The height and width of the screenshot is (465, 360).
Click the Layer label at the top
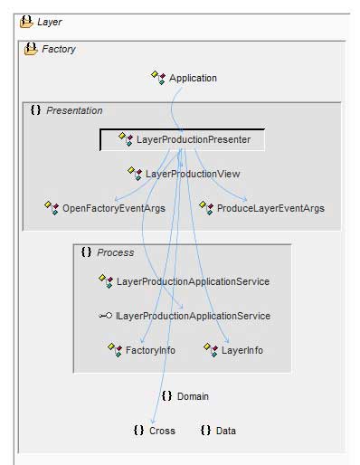pos(50,22)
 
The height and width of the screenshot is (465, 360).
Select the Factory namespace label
pos(59,49)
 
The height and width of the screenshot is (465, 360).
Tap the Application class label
pos(193,78)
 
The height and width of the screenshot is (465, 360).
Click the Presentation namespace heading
pos(74,110)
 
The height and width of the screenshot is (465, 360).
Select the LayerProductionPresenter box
pos(182,140)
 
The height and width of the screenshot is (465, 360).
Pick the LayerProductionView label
pos(193,173)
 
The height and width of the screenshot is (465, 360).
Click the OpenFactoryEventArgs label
pos(113,208)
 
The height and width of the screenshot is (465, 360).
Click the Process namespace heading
pos(115,252)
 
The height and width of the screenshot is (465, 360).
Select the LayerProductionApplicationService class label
pos(193,281)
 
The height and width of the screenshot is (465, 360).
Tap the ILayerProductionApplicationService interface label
pos(193,316)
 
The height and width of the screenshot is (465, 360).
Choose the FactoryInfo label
pos(150,349)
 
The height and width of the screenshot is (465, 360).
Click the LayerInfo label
pos(242,349)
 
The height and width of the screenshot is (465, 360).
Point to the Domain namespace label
pos(193,396)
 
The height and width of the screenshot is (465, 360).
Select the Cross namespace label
pos(162,431)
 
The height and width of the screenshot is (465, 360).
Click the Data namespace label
pos(225,431)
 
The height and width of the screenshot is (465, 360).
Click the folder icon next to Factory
pos(30,49)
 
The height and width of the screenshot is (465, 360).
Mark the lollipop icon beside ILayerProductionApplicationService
pos(105,316)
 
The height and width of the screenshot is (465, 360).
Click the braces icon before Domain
pos(166,396)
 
